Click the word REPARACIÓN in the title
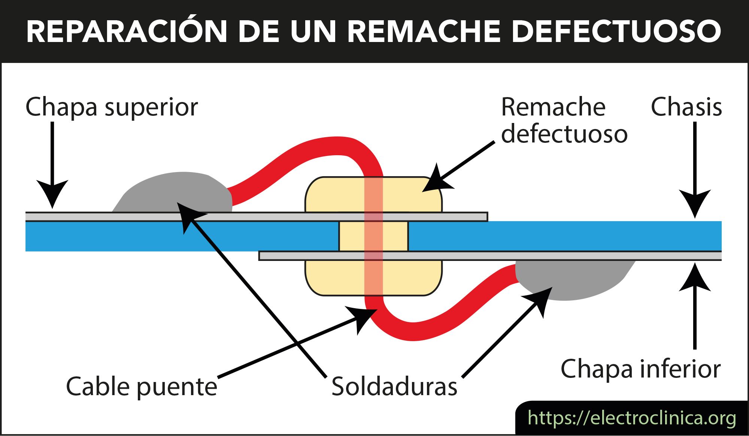tap(127, 31)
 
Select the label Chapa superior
tap(112, 108)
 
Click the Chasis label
tap(686, 107)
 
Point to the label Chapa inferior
tap(640, 369)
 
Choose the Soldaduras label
tap(394, 387)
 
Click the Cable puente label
tap(142, 387)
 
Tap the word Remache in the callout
tap(553, 107)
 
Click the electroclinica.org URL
tap(632, 418)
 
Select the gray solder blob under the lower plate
tap(573, 279)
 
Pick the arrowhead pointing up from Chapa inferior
tap(695, 277)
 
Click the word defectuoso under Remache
tap(564, 134)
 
